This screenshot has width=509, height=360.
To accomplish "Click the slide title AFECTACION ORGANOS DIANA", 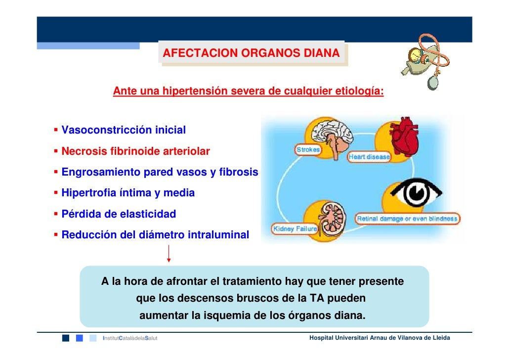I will tap(251, 53).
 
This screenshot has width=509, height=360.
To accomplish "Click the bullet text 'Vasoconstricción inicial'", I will tap(123, 130).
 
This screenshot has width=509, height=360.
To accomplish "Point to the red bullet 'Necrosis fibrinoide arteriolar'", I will tap(135, 151).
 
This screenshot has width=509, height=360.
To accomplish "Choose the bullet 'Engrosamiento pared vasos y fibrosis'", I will tap(159, 172).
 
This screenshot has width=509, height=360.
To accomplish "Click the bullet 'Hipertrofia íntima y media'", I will tap(127, 193).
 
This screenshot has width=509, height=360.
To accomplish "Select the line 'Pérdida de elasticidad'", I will tap(118, 214).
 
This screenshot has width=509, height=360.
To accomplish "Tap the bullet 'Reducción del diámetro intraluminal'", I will tap(155, 235).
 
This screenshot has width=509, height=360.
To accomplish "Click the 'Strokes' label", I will tap(308, 149).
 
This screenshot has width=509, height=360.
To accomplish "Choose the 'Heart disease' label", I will tap(369, 157).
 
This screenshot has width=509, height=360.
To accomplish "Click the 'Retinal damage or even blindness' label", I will tap(408, 218).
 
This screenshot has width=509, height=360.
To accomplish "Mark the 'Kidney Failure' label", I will tap(295, 229).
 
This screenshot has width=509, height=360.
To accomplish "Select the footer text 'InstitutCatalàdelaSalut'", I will tap(129, 338).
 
